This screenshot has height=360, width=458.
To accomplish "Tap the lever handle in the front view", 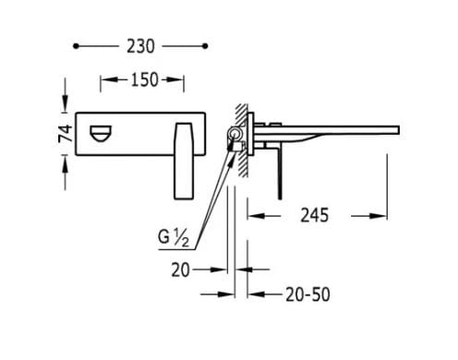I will pos(180,162).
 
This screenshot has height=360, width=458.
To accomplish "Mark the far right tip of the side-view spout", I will pos(401,126).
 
